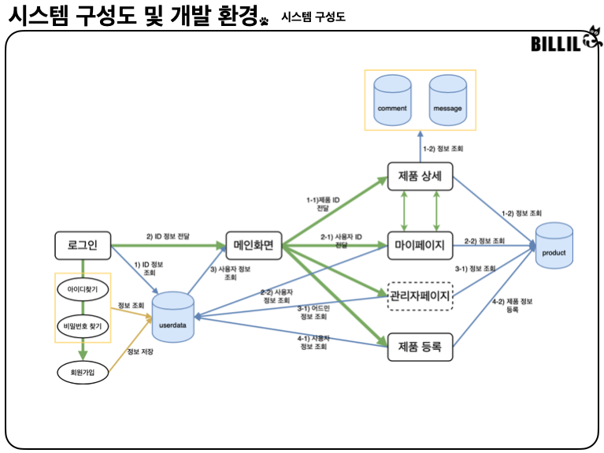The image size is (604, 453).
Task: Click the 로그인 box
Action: click(83, 245)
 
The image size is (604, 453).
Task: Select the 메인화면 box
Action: click(254, 245)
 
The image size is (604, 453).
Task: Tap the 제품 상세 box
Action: click(420, 176)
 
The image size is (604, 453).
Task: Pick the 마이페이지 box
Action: click(420, 245)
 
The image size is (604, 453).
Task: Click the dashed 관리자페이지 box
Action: click(420, 296)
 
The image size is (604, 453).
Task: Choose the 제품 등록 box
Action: click(420, 347)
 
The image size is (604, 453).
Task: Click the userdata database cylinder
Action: click(173, 317)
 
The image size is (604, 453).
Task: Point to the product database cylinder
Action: click(554, 245)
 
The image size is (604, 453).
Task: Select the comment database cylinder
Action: click(392, 100)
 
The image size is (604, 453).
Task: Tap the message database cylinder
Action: click(447, 100)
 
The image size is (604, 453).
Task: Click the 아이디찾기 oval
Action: click(83, 289)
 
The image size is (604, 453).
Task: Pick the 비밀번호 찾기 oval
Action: click(83, 326)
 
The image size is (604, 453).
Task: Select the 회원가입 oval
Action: click(83, 373)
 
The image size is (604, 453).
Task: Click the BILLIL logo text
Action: click(555, 43)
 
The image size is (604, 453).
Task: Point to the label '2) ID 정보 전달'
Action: click(168, 236)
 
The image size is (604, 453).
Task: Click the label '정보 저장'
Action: click(140, 351)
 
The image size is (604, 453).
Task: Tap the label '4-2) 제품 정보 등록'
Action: click(513, 306)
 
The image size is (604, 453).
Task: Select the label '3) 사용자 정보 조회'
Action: click(231, 273)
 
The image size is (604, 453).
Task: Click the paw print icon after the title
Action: click(264, 20)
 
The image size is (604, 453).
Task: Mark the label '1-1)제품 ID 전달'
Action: click(323, 204)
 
